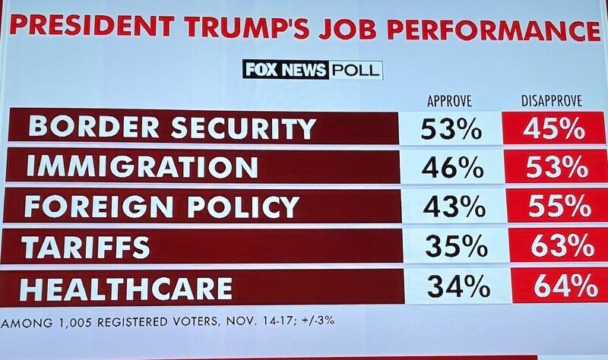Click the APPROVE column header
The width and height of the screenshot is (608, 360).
click(449, 101)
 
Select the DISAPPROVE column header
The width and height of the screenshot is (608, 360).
click(552, 101)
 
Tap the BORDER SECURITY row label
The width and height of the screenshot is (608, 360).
click(172, 127)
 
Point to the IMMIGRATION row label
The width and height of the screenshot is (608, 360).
click(142, 167)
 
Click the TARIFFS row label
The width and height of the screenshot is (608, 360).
click(85, 247)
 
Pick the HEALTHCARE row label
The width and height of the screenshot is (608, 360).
click(126, 288)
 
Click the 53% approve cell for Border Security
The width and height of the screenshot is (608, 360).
click(451, 128)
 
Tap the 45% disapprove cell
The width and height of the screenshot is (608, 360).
click(554, 128)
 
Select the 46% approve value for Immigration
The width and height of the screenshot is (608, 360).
click(452, 167)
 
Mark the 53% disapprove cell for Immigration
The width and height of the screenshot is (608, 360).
click(556, 167)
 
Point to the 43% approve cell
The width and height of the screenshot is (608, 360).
click(454, 207)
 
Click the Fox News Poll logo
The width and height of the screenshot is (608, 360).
click(312, 70)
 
